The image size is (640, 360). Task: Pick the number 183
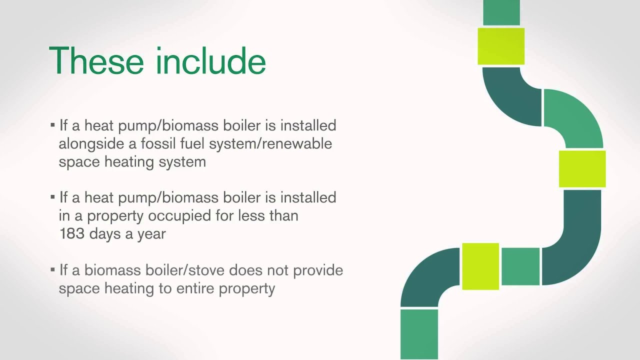click(71, 233)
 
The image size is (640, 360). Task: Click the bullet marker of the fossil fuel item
click(52, 125)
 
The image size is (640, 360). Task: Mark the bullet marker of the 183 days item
click(52, 197)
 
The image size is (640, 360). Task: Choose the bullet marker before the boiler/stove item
click(52, 270)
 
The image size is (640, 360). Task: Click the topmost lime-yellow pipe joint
click(501, 46)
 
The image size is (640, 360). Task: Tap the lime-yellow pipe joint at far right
click(582, 169)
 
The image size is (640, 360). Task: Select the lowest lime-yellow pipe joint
click(480, 266)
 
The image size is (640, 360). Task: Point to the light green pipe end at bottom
click(419, 333)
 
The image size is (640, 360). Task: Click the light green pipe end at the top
click(501, 12)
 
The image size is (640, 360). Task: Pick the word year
click(151, 234)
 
